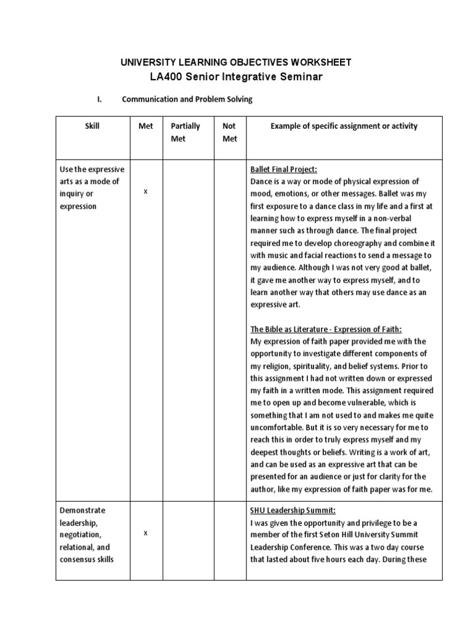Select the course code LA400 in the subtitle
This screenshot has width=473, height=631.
pos(164,77)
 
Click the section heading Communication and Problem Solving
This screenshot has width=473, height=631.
pos(187,99)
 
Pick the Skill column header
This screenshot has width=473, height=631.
pos(92,126)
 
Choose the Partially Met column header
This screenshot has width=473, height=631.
pos(185,132)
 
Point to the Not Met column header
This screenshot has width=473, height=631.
pos(229,132)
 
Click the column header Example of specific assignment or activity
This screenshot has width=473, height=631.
pos(344,126)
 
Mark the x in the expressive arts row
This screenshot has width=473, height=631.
pos(145,192)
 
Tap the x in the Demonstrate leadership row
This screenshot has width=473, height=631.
pos(145,533)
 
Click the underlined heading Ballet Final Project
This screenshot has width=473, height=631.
pos(283,169)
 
